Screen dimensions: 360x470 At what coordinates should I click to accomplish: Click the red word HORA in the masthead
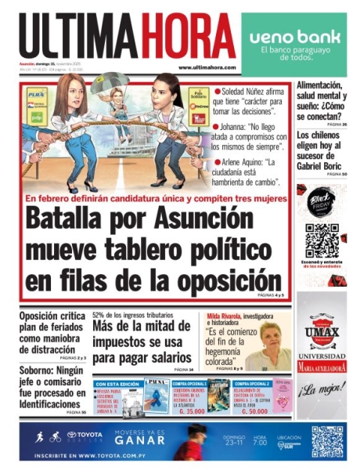[x=185, y=36]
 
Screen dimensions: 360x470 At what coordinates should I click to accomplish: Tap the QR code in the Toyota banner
[x=327, y=441]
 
